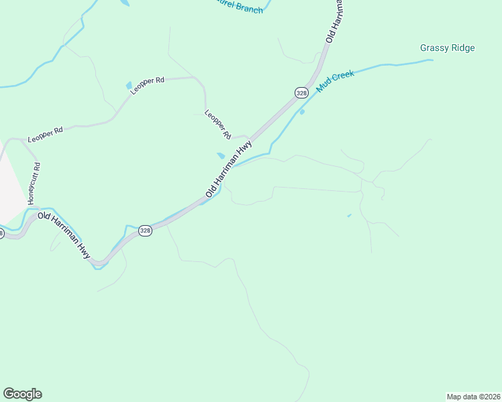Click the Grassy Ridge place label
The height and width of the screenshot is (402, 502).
coord(447,48)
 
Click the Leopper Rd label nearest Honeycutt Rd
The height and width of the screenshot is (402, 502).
coord(45,133)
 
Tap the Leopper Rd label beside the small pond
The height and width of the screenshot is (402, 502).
coord(148,85)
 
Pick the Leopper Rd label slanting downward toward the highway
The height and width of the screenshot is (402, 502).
coord(218,124)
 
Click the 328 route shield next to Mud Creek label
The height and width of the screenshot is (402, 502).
coord(301,92)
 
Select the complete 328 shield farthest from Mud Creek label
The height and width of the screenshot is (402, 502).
coord(146,230)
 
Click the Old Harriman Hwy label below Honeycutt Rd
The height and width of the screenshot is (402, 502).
coord(64,235)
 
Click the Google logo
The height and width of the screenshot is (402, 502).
coord(22,394)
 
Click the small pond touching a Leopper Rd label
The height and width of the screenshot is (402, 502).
coord(129,86)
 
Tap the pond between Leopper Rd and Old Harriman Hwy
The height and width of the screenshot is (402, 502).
coord(221,155)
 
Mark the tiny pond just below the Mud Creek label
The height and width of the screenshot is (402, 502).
coord(302,112)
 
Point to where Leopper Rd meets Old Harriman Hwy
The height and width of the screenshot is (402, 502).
coord(250,135)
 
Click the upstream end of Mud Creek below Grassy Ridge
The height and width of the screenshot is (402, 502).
coord(432,60)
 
